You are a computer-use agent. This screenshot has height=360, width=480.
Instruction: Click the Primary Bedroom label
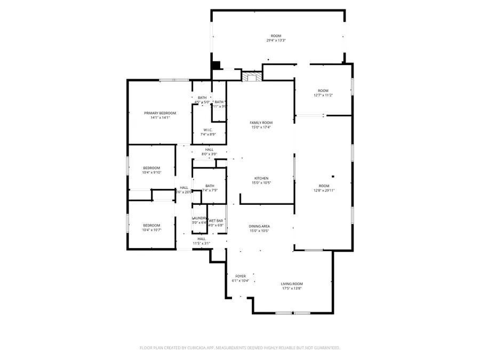tap(160, 113)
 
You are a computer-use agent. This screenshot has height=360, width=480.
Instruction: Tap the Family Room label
tap(261, 123)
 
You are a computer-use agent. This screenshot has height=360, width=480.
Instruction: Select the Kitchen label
tap(261, 178)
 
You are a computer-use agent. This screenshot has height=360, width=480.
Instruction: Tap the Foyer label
tap(241, 276)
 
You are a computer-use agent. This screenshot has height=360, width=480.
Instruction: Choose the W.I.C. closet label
tap(209, 130)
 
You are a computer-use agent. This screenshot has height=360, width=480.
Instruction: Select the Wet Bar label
tap(216, 221)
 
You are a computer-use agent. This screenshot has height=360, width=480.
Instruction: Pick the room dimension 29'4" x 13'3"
tap(276, 41)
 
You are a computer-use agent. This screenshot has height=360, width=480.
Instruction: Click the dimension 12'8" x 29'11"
tap(324, 190)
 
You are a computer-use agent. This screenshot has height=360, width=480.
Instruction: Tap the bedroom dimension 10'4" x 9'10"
tap(151, 172)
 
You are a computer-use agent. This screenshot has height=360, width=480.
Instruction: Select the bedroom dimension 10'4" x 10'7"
tap(151, 230)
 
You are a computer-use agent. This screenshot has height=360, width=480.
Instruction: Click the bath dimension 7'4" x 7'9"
tap(209, 190)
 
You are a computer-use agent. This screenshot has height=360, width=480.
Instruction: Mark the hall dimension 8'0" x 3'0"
tap(209, 154)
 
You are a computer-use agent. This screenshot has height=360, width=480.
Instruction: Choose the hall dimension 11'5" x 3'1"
tap(202, 244)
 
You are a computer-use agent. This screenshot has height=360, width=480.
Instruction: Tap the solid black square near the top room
tap(216, 66)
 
